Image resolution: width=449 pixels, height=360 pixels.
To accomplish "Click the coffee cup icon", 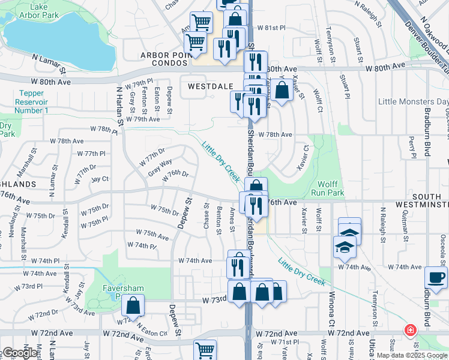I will [x=436, y=277].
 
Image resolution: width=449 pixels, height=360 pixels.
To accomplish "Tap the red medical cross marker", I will [x=410, y=331].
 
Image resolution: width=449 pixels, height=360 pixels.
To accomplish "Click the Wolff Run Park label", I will [x=328, y=188].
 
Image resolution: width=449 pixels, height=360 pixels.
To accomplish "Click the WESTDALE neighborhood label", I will [x=210, y=86].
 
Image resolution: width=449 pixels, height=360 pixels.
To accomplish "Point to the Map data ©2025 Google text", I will [x=412, y=355].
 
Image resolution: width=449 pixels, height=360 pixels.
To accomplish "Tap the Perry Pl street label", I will [x=412, y=147].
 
